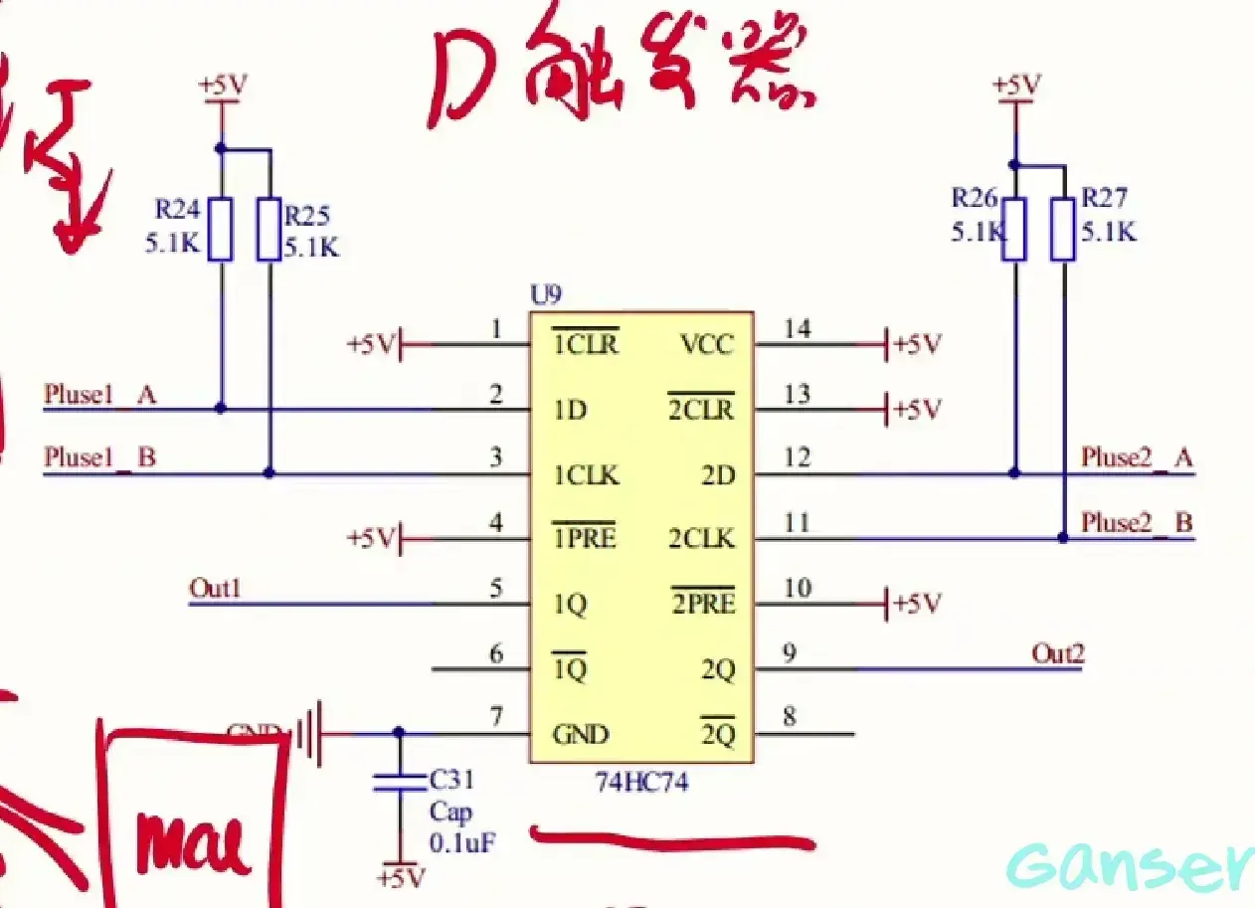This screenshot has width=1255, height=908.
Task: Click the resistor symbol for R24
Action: [x=221, y=229]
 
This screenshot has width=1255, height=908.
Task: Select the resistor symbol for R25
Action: [x=269, y=229]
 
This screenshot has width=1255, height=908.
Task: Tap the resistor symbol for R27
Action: [x=1062, y=229]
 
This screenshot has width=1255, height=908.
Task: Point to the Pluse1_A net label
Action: [x=99, y=395]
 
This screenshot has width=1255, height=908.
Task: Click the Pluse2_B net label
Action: [x=1137, y=522]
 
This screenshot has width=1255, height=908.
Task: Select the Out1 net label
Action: [x=215, y=589]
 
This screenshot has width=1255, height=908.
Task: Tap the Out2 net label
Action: [x=1057, y=653]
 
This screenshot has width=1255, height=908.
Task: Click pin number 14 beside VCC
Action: [x=797, y=328]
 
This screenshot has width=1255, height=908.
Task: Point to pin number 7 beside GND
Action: [x=496, y=717]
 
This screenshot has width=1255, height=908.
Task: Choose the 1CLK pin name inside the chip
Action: [x=586, y=475]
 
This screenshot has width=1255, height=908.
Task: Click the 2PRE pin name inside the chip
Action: [x=702, y=603]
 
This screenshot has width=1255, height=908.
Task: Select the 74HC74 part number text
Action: [x=641, y=782]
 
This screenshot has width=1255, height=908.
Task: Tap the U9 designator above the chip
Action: [x=546, y=296]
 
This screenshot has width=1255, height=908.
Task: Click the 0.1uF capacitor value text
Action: [x=462, y=843]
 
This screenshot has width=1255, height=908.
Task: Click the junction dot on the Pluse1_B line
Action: [x=269, y=473]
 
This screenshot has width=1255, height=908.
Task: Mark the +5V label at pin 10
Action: [x=916, y=604]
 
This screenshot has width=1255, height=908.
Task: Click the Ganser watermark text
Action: [x=1129, y=867]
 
